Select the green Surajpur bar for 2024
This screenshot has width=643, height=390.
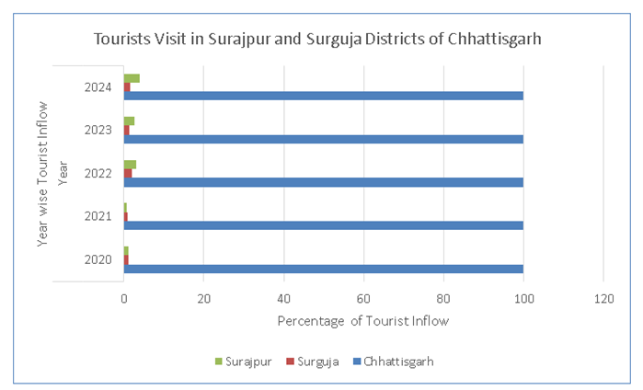(132, 78)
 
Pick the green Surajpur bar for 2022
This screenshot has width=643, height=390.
(130, 165)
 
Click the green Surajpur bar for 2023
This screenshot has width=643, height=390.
(129, 121)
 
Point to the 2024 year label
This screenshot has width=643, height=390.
(98, 87)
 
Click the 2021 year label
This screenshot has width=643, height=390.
(98, 217)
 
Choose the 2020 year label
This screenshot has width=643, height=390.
(98, 259)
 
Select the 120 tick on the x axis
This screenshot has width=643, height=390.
(603, 298)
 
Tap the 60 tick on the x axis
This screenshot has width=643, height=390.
(363, 298)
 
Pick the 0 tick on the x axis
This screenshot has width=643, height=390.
(124, 298)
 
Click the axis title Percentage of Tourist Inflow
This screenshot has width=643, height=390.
(362, 321)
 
